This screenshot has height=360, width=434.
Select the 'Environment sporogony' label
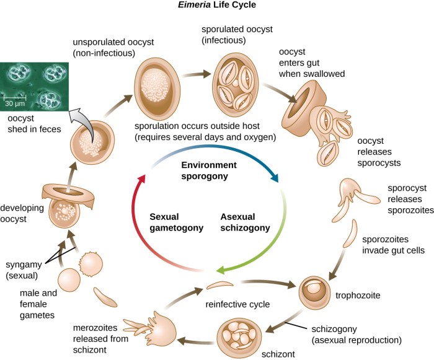coord(209,171)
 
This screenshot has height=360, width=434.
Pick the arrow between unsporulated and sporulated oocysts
coord(196,77)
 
